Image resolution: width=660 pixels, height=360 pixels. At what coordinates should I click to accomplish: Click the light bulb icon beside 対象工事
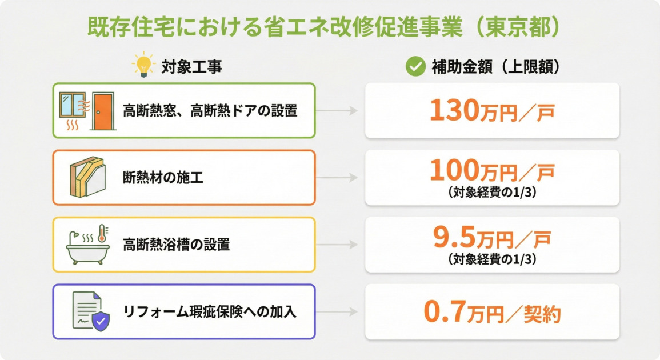tap(143, 66)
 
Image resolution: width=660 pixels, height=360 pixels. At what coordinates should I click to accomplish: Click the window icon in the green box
tap(73, 105)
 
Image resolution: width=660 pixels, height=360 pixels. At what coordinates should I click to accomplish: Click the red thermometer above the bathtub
tap(103, 234)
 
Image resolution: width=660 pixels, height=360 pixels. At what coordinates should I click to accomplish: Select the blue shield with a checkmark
tap(101, 322)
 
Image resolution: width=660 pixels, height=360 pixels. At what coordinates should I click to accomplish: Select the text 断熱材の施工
tap(163, 178)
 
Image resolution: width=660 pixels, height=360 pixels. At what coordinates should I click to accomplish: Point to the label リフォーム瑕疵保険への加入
tap(210, 312)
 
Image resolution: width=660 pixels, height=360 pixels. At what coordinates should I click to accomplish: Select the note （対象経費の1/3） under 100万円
tap(492, 193)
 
